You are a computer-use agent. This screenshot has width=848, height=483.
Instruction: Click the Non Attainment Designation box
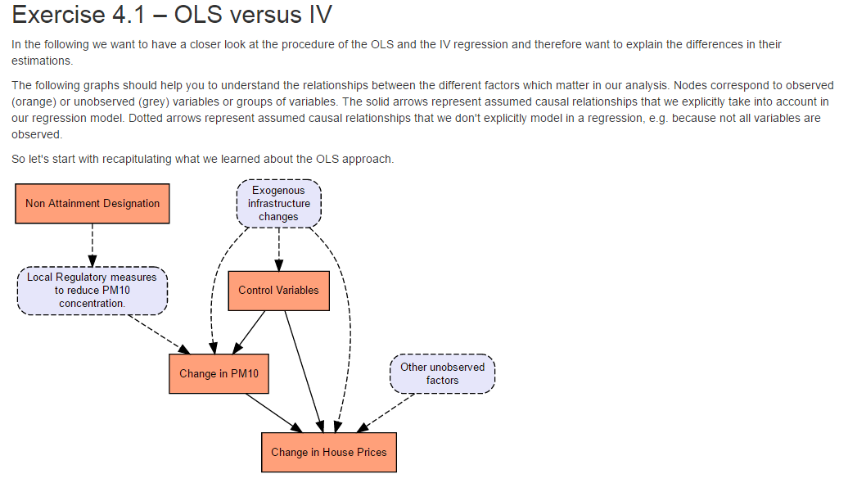coord(92,203)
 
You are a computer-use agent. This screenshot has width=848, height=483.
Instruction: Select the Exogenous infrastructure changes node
coord(279,203)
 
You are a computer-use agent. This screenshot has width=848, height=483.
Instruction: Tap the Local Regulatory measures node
coord(92,291)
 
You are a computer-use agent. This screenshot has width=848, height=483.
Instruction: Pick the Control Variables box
coord(279,291)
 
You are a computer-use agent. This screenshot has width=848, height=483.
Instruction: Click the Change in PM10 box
coord(219,374)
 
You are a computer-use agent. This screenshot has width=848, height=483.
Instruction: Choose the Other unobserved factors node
coord(442,374)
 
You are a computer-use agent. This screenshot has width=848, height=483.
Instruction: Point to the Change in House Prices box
coord(329,452)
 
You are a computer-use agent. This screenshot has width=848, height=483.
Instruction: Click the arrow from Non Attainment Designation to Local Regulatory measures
coord(92,245)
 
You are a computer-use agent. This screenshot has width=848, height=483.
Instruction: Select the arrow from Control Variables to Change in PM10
coord(249,332)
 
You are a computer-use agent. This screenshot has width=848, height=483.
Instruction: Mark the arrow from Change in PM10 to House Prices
coord(274,413)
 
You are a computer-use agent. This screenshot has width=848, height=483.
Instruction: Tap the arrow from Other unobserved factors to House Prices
coord(386,413)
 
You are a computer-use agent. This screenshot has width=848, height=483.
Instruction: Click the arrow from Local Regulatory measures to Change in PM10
coord(159,334)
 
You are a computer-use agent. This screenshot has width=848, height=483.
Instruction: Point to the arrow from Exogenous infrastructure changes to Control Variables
coord(279,250)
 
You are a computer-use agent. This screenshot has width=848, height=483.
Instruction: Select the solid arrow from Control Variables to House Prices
coord(304,372)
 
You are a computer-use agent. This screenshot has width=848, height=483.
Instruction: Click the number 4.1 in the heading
coord(129,15)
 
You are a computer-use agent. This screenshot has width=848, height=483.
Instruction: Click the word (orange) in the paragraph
coord(34,102)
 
